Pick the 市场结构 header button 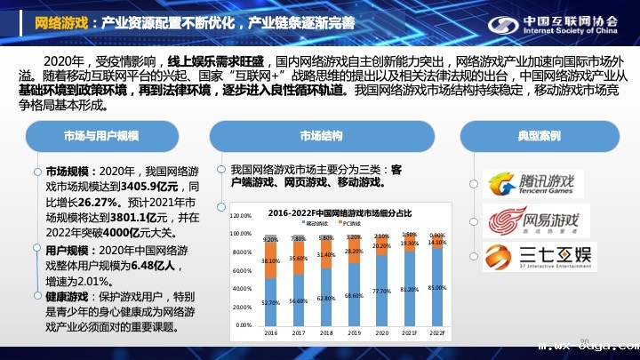pos(321,136)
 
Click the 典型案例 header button pos(538,136)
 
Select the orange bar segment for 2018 pos(326,255)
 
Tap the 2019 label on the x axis pos(354,333)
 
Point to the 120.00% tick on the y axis pos(241,216)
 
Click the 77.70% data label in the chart pos(381,291)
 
